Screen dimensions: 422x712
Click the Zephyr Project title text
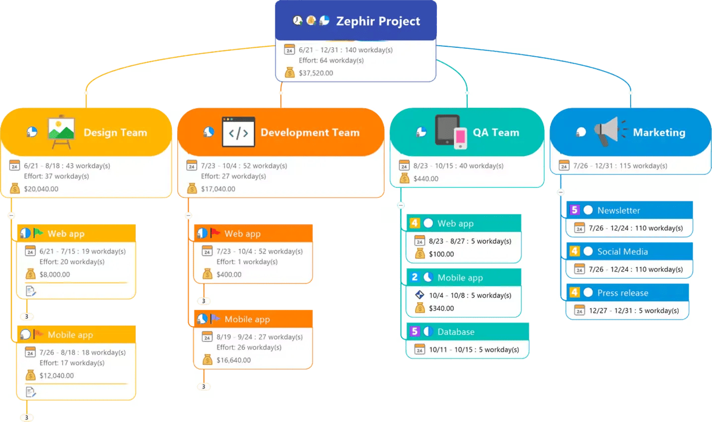click(x=378, y=21)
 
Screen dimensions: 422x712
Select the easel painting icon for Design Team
click(x=61, y=132)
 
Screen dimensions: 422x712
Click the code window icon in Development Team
click(x=238, y=132)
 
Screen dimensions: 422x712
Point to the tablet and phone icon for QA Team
click(x=451, y=132)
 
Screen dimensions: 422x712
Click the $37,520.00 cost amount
click(x=316, y=73)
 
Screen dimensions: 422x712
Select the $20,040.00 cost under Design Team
click(x=41, y=189)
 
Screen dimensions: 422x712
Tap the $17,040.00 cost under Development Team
click(x=218, y=189)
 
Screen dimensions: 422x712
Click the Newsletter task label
click(x=619, y=210)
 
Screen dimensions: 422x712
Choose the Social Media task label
click(x=622, y=252)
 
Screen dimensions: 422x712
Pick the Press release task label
click(x=623, y=293)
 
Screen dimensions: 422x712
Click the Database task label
click(x=456, y=332)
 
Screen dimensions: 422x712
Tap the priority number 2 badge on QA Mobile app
click(x=415, y=277)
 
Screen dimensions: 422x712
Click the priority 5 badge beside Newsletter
click(x=574, y=210)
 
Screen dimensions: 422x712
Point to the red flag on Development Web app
click(x=215, y=233)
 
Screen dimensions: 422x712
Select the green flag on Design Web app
click(x=38, y=233)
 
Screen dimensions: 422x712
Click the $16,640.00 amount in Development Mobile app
click(x=233, y=360)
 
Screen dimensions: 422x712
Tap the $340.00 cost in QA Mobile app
click(x=441, y=308)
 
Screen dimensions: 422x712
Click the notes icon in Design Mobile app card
click(x=30, y=392)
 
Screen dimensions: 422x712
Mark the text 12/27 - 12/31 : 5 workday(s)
click(x=634, y=311)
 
